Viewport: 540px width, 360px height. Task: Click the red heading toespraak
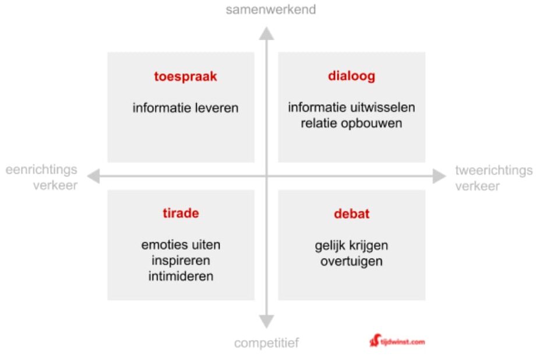point(185,76)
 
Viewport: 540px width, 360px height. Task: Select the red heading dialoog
point(351,76)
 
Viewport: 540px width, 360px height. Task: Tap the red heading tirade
point(181,213)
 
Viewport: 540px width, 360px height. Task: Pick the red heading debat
point(352,214)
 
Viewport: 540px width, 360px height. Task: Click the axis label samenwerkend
point(271,9)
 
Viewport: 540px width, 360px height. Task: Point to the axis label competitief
point(267,343)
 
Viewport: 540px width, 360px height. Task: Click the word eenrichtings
point(41,170)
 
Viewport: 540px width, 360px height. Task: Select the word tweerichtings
point(494,171)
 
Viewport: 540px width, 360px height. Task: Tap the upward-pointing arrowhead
point(267,34)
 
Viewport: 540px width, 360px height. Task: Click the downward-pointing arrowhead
point(267,321)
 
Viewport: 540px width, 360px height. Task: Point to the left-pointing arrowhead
point(93,176)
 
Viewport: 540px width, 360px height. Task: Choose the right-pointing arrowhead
point(439,176)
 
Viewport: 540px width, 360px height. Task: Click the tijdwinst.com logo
point(397,341)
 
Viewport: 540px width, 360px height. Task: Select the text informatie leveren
point(185,108)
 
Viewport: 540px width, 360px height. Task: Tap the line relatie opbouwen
point(351,123)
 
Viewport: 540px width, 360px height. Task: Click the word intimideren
point(181,276)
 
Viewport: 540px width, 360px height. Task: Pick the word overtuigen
point(351,262)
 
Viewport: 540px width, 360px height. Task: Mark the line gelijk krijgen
point(351,246)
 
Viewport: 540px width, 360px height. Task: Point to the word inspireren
point(181,261)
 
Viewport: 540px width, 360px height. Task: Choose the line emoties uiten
point(181,245)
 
